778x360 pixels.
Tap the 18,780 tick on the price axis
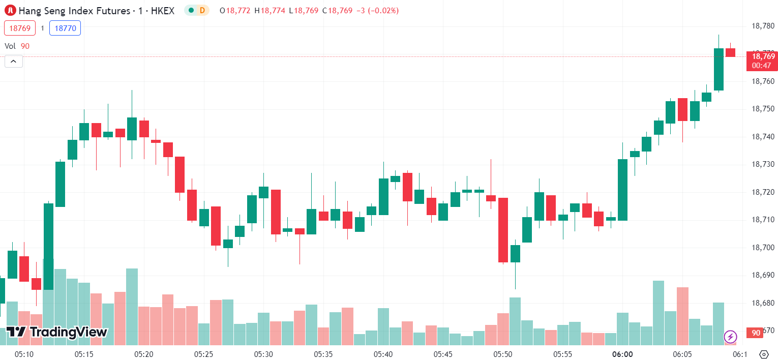(763, 26)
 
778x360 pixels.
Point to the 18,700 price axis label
(763, 248)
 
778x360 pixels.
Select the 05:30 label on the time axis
(264, 354)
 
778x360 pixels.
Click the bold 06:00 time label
(622, 354)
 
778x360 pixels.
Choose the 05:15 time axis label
(84, 354)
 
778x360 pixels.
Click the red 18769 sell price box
(20, 28)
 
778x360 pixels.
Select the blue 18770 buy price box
(65, 28)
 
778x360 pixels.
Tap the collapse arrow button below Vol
(14, 62)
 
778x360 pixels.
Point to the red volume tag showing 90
(756, 333)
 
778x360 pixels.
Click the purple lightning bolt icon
(731, 337)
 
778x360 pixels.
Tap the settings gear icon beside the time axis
(763, 354)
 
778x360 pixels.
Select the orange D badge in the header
(202, 10)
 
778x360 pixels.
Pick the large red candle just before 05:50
(503, 230)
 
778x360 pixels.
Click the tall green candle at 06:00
(622, 189)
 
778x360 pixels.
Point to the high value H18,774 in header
(270, 10)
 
